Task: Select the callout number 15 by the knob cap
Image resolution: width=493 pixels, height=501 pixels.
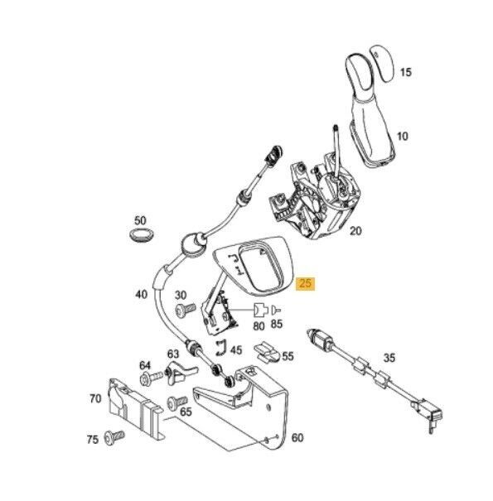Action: [405, 73]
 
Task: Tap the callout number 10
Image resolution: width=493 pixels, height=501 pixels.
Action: [403, 134]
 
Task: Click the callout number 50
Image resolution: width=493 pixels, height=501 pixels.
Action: [141, 221]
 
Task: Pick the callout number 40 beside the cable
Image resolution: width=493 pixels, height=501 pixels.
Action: [143, 293]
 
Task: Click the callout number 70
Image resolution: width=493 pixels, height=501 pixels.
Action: [95, 398]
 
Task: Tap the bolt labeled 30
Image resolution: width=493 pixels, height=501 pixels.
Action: [184, 308]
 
